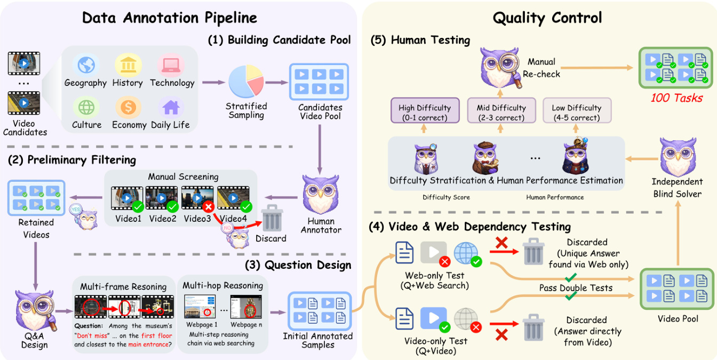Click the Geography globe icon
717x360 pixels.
[85, 65]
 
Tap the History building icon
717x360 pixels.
[128, 65]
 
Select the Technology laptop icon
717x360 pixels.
[171, 65]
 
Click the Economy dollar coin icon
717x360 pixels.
[128, 107]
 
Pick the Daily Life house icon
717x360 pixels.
[171, 107]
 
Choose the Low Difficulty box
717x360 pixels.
[577, 113]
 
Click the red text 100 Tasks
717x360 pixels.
[676, 98]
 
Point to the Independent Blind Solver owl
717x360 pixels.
[678, 157]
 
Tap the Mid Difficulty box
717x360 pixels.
[501, 113]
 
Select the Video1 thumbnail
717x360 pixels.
[127, 199]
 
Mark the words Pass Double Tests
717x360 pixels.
[583, 288]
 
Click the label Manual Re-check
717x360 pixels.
[541, 68]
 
